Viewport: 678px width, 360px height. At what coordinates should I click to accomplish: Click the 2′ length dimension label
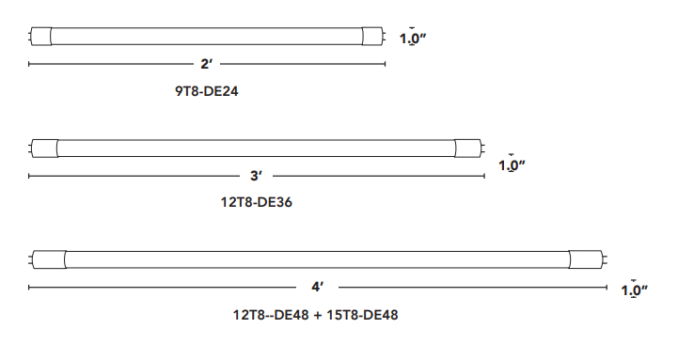tap(206, 64)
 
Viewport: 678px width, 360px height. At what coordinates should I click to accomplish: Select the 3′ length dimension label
tap(256, 176)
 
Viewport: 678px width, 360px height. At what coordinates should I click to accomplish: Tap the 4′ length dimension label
tap(318, 287)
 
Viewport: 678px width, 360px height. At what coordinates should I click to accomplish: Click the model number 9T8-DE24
tap(206, 91)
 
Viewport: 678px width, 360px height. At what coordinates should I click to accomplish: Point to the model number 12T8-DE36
tap(257, 202)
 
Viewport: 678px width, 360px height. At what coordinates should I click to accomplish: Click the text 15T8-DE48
tap(362, 315)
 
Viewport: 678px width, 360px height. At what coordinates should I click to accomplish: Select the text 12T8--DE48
tap(271, 315)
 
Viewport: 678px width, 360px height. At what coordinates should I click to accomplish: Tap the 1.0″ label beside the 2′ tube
tap(413, 39)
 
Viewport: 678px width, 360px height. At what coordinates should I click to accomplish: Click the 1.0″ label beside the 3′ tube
tap(512, 165)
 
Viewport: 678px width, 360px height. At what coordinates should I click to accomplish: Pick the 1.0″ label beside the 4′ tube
tap(635, 290)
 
